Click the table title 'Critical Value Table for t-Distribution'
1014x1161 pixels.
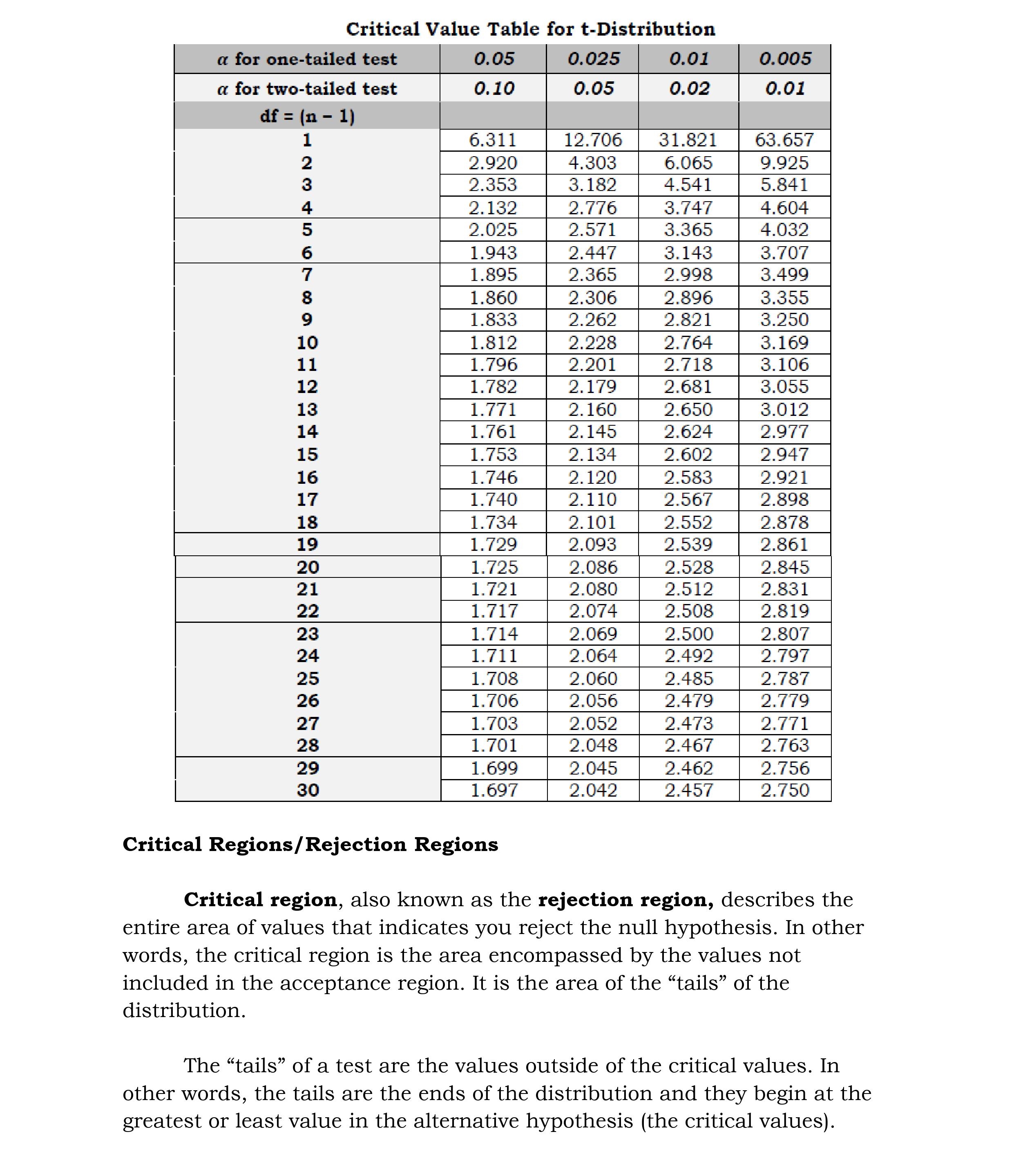coord(530,29)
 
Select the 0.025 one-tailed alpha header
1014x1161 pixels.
coord(593,59)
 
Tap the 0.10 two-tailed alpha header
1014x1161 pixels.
coord(494,88)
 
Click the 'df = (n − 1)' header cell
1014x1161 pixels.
coord(307,116)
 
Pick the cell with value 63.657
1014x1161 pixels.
coord(784,140)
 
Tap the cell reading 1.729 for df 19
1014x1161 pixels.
coord(494,544)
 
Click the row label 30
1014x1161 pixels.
coord(307,790)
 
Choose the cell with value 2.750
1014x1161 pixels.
coord(784,790)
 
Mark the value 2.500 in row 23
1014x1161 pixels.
coord(689,634)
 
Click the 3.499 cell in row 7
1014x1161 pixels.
coord(784,275)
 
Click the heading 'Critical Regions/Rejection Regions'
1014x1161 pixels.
coord(310,844)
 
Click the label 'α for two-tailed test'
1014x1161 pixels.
coord(307,88)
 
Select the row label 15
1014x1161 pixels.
coord(307,455)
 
